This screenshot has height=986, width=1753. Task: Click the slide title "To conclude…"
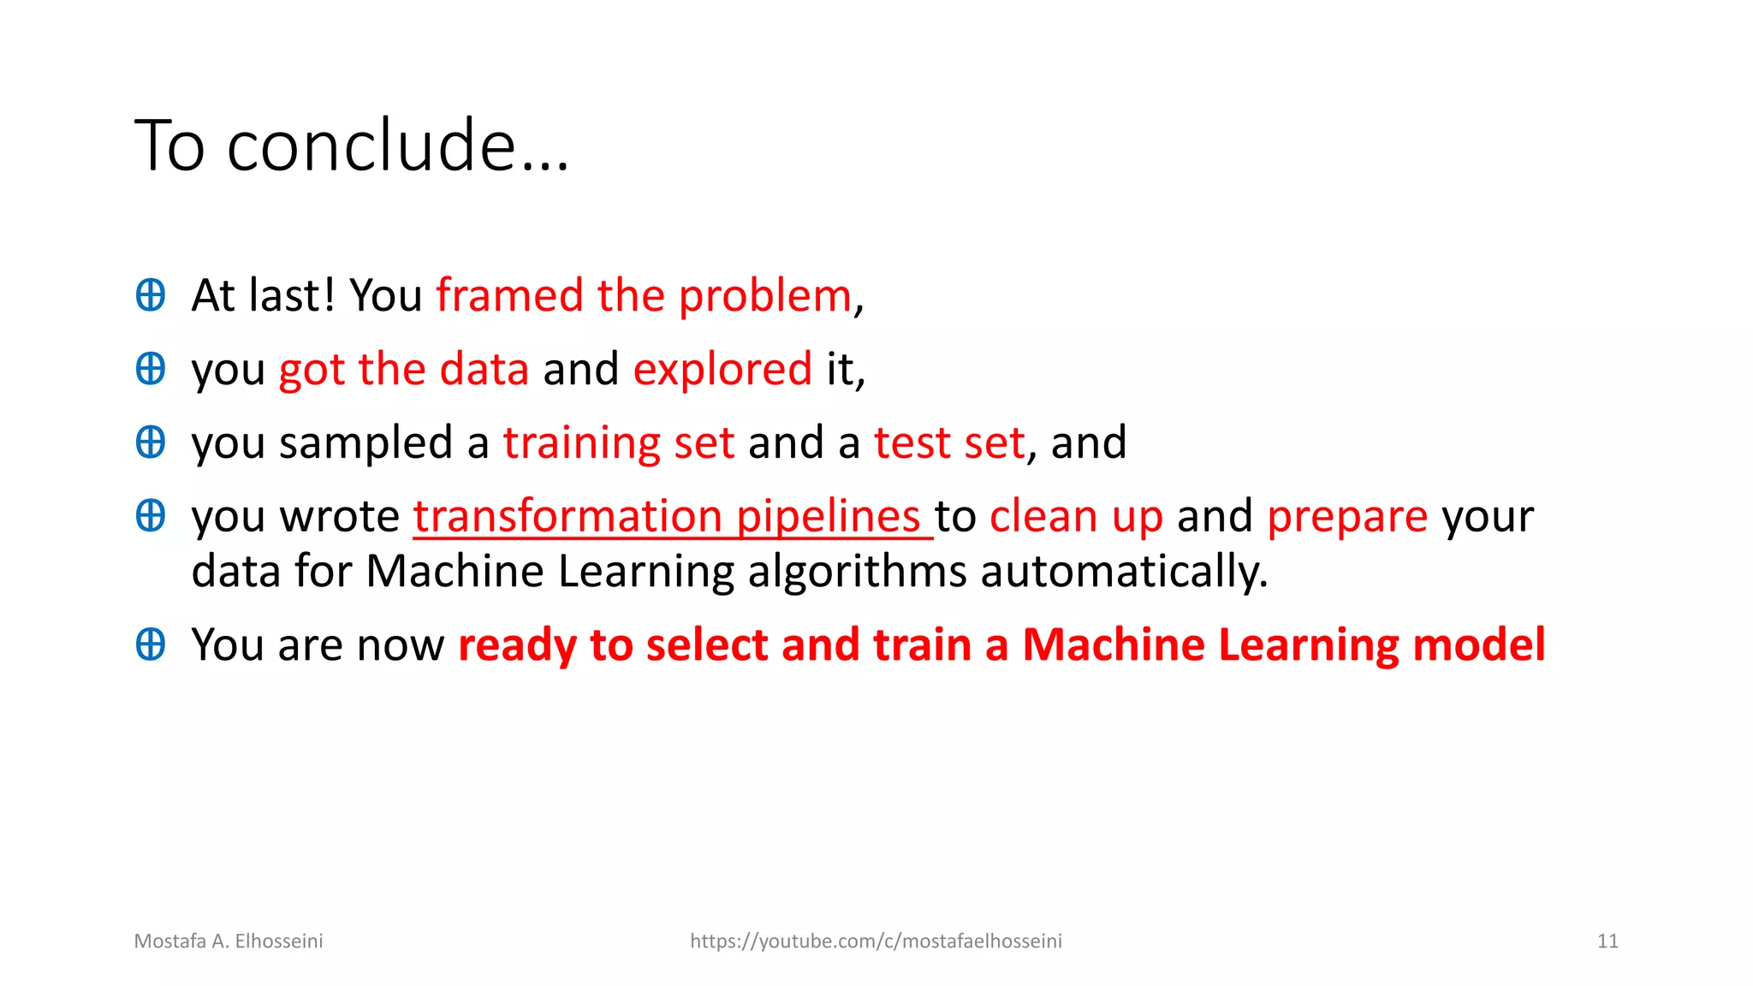[351, 146]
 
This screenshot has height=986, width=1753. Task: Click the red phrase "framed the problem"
[644, 296]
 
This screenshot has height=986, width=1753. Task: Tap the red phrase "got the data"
[403, 370]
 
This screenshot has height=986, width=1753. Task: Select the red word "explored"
[722, 370]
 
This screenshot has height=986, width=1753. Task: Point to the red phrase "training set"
[618, 443]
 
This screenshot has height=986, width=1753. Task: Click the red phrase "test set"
[948, 443]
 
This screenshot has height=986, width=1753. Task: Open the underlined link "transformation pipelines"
[672, 517]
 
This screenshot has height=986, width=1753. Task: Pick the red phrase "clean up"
[1076, 517]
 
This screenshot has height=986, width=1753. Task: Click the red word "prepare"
[1346, 517]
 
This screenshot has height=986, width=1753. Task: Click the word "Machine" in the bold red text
[1113, 645]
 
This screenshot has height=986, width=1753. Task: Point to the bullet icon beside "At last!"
[151, 295]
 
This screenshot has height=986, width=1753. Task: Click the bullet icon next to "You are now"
[151, 644]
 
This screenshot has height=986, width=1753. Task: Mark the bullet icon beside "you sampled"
[151, 443]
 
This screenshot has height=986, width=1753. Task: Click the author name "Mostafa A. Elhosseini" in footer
[229, 941]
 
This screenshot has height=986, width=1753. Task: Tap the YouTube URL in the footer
[876, 941]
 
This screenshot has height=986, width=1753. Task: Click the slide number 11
[1607, 941]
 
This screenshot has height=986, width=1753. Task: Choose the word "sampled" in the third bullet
[365, 443]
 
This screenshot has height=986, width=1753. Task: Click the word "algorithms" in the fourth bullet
[857, 572]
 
